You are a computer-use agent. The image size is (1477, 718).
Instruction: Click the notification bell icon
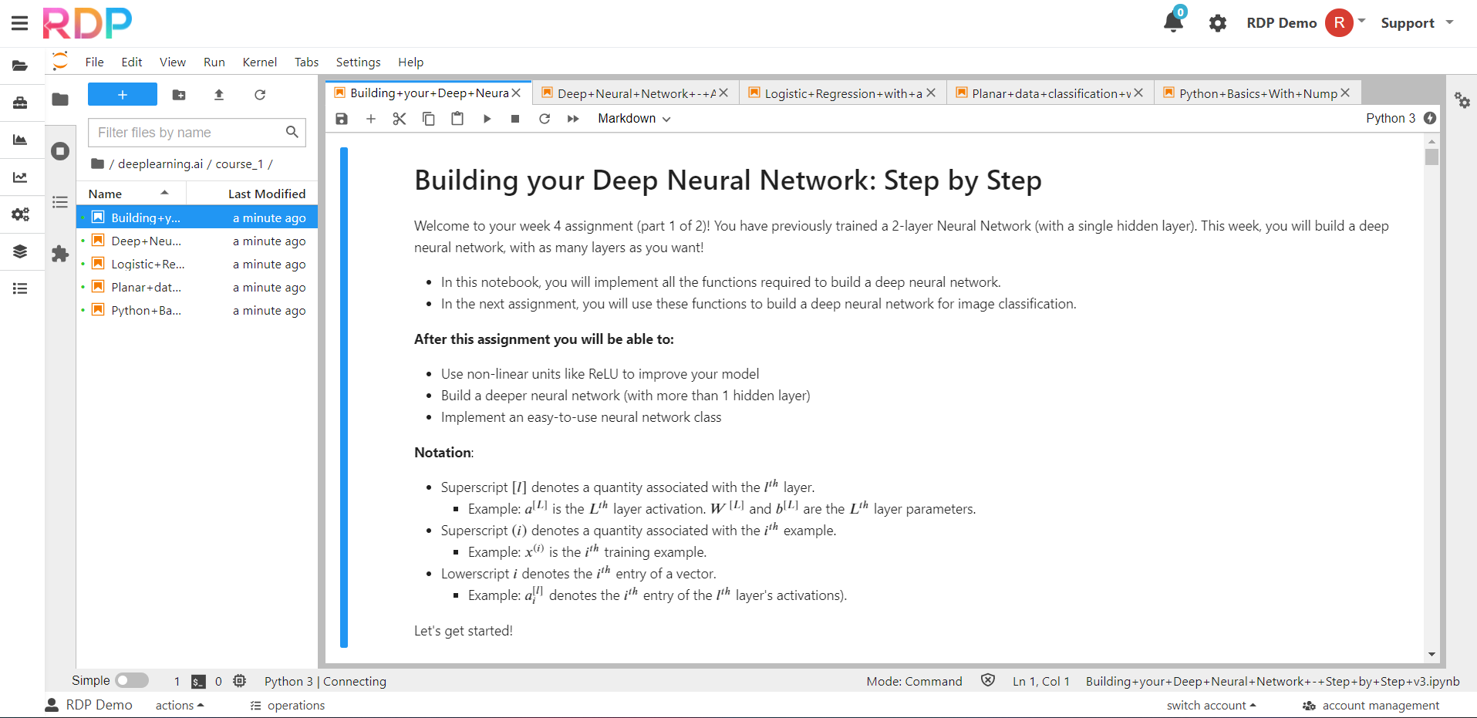pos(1173,22)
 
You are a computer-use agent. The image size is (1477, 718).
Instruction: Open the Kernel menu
pos(259,62)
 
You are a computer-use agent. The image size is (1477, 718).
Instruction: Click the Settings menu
pos(358,62)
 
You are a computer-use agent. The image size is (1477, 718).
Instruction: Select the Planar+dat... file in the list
pos(146,288)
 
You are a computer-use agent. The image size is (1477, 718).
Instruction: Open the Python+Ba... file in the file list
pos(146,311)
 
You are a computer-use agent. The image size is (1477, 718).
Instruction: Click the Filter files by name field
pos(189,133)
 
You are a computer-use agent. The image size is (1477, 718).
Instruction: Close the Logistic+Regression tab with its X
pos(931,93)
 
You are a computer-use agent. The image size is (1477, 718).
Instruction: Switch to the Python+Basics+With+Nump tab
pos(1257,93)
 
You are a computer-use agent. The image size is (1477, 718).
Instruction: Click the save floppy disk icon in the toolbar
pos(342,119)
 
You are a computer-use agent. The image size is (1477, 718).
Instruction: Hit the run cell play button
pos(487,119)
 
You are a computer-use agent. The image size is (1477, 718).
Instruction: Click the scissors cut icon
pos(399,119)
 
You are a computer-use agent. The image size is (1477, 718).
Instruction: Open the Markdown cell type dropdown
pos(634,119)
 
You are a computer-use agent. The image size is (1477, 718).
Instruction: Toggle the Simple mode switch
pos(132,680)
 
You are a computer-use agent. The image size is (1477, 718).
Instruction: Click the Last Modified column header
pos(266,194)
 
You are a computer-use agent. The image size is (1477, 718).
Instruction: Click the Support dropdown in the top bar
pos(1416,23)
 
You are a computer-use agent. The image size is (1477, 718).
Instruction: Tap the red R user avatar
pos(1339,23)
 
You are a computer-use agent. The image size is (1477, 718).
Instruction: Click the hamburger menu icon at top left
pos(20,23)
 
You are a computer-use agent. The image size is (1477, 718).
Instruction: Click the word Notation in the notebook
pos(443,453)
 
